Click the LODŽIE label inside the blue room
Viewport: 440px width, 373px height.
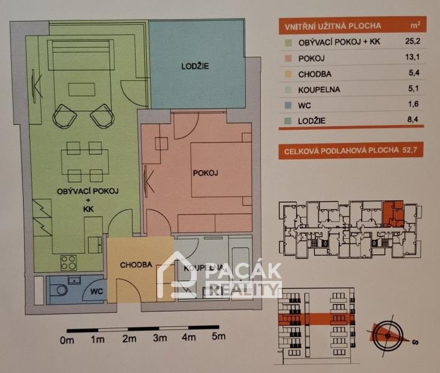coord(195,67)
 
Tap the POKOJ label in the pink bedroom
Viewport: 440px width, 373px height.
coord(205,173)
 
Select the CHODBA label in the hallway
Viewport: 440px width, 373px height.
coord(136,265)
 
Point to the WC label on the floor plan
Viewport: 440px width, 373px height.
coord(96,292)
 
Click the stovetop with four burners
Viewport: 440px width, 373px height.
coord(68,263)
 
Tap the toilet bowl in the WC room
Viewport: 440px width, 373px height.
coord(60,290)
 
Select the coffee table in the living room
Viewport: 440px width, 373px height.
coord(82,90)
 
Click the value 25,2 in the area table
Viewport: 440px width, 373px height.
coord(413,41)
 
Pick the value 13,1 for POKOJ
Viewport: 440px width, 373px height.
coord(413,57)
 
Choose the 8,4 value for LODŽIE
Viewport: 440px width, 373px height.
coord(413,119)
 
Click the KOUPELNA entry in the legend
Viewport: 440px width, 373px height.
coord(319,90)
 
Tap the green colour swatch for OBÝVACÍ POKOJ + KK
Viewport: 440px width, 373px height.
coord(288,43)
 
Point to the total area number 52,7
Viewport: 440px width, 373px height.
coord(410,150)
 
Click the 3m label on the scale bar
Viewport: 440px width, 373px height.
coord(160,338)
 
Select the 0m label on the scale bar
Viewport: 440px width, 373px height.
coord(67,340)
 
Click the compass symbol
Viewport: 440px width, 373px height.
coord(388,336)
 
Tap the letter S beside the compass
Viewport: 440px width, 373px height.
coord(416,342)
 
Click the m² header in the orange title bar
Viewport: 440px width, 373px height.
coord(415,25)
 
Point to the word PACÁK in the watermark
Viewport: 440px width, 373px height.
coord(243,271)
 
